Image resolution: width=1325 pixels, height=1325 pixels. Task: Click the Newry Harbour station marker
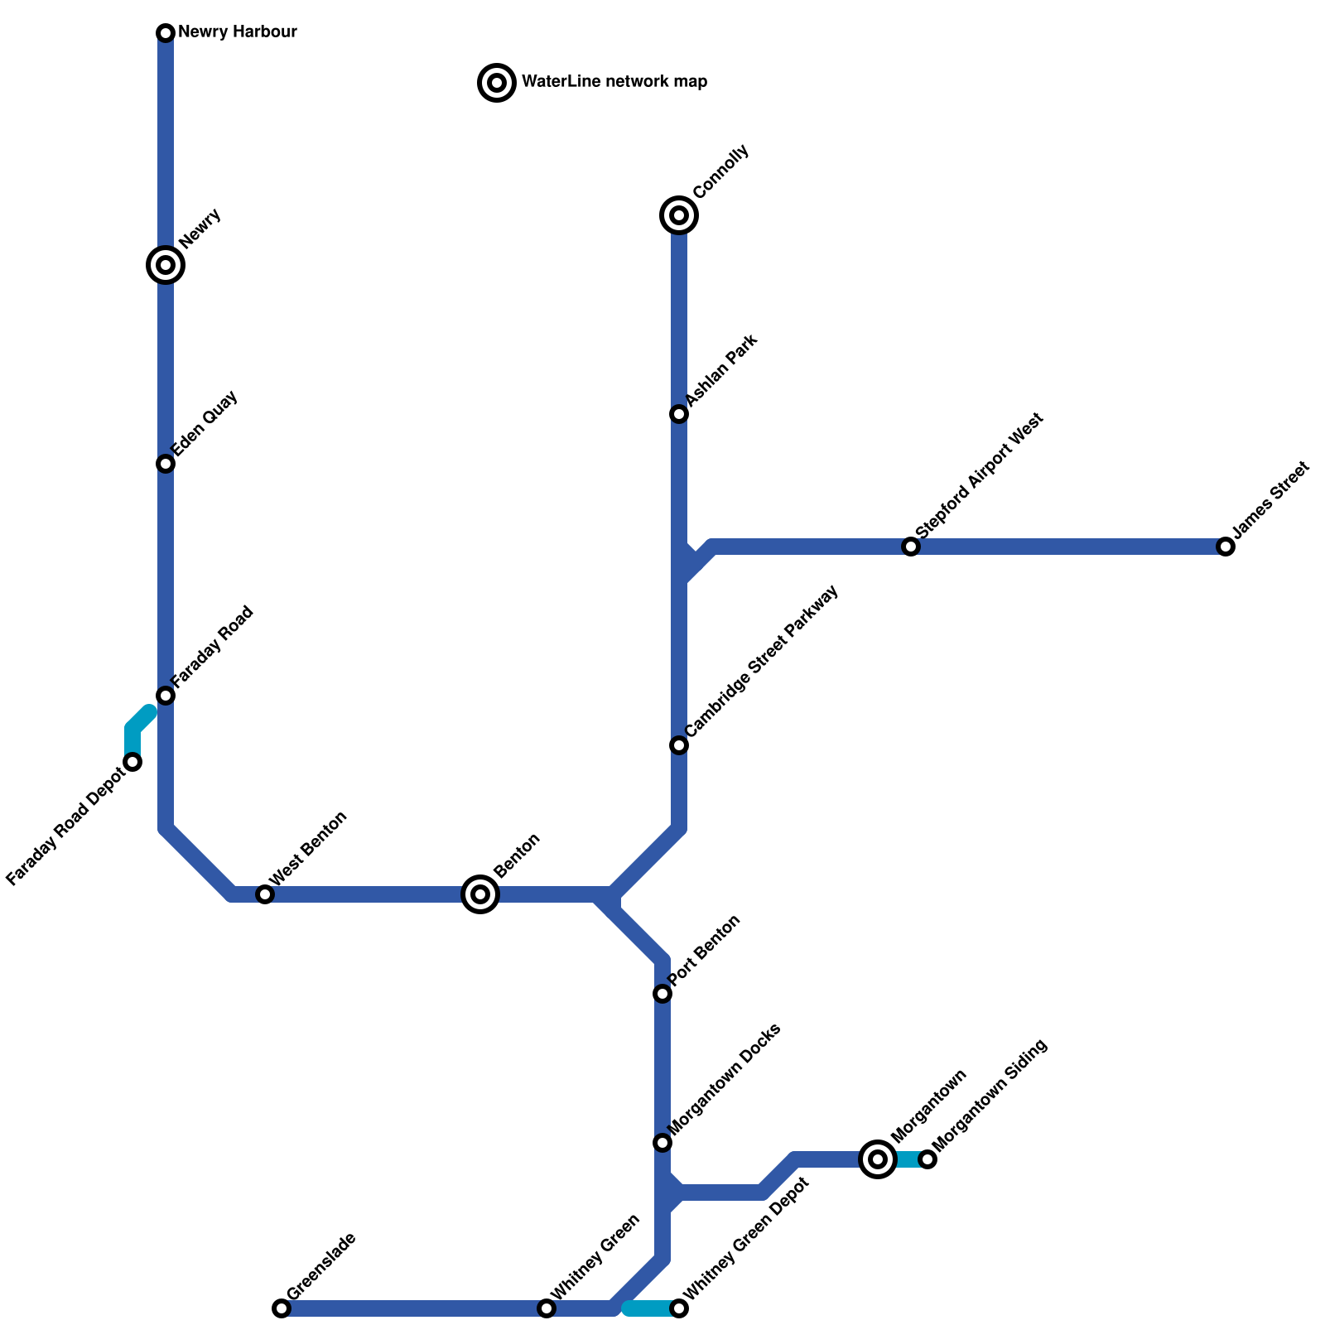pos(166,33)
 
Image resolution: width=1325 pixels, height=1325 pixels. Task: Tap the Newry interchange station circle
pos(166,265)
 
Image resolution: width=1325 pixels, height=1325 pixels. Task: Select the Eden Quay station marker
pos(166,464)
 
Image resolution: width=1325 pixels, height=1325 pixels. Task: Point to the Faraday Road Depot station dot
pos(132,762)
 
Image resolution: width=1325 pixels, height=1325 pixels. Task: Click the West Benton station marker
pos(265,894)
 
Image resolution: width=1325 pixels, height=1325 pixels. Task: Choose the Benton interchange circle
pos(480,894)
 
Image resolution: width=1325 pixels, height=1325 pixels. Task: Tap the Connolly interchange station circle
pos(679,215)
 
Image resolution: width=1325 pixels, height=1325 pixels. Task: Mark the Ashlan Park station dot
pos(679,414)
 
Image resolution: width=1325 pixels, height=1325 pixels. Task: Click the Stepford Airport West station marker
pos(911,547)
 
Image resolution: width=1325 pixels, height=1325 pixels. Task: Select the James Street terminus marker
pos(1226,547)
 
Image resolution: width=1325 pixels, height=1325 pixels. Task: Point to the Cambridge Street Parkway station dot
pos(679,745)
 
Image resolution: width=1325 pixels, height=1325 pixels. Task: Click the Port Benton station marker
pos(662,994)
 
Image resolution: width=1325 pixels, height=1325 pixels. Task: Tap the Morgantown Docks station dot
pos(662,1143)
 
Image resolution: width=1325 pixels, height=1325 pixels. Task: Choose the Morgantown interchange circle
pos(878,1159)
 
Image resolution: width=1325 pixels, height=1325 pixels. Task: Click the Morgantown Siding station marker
pos(927,1159)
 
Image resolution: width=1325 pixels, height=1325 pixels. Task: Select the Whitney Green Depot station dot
pos(679,1308)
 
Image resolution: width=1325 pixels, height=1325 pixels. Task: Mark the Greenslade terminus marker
pos(282,1308)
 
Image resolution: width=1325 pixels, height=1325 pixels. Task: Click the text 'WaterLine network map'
pos(614,82)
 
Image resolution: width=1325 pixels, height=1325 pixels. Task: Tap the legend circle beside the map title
pos(497,83)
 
